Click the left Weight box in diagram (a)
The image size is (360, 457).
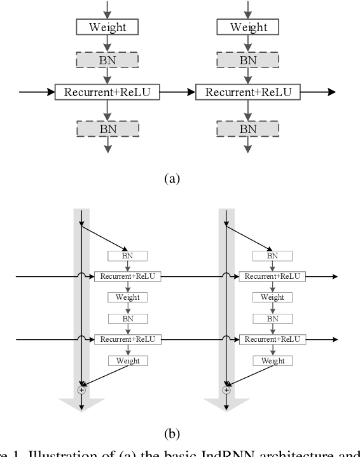[107, 27]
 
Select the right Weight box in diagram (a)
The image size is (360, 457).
[249, 27]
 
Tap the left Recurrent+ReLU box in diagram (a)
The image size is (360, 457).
[107, 92]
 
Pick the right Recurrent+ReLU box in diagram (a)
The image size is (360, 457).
[249, 92]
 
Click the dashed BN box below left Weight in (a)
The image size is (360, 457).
[107, 60]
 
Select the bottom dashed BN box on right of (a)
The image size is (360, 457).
[249, 128]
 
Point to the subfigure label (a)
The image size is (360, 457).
[172, 179]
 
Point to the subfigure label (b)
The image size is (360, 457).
[172, 434]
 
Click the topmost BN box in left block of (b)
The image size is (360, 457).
[127, 256]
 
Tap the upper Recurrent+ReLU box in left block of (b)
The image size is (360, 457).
[127, 277]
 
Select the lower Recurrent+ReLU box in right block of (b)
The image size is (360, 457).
[272, 340]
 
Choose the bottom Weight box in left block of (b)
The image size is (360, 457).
[127, 361]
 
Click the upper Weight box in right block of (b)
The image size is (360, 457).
[272, 297]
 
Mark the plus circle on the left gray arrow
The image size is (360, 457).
[81, 389]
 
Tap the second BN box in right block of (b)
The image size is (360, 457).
[272, 318]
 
